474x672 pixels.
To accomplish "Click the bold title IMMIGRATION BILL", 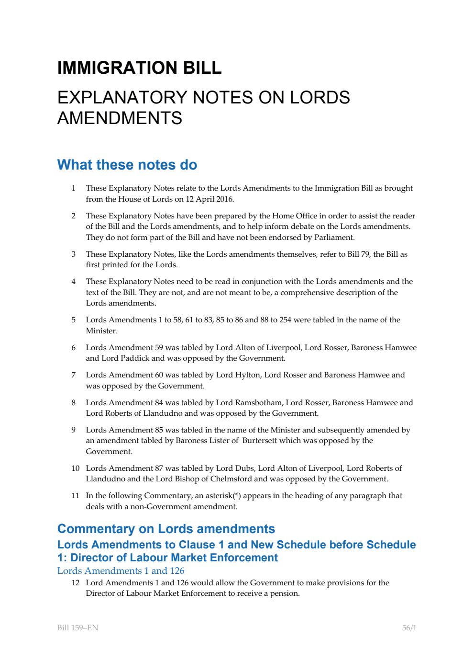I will (139, 68).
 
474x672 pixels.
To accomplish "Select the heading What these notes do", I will (127, 165).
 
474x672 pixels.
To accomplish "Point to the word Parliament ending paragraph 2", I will (333, 238).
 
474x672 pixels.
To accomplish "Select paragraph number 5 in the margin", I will (74, 320).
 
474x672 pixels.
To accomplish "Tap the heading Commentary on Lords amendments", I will (166, 529).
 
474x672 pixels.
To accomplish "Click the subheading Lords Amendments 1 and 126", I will (121, 571).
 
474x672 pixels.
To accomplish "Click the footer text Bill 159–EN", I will (77, 628).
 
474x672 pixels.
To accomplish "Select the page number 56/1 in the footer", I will (409, 628).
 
